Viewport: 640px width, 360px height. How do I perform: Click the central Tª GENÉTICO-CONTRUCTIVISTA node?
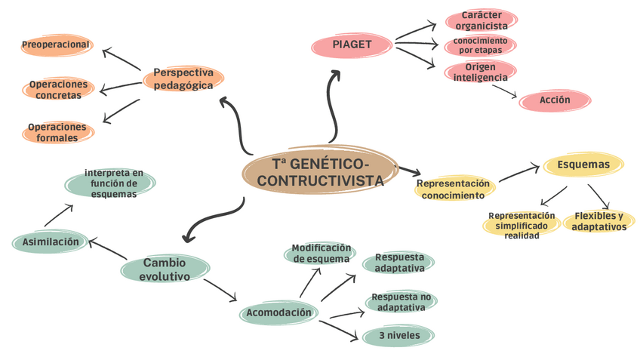[320, 173]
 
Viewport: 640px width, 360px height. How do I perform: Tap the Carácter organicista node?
[481, 20]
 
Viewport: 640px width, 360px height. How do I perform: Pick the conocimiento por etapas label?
[480, 45]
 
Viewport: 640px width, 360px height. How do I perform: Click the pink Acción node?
[555, 100]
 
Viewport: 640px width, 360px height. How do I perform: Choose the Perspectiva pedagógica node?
[183, 78]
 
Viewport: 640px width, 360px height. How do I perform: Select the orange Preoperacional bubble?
[57, 45]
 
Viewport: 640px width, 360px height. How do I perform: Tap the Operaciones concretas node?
[58, 89]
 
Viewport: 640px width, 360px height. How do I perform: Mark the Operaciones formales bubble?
[57, 132]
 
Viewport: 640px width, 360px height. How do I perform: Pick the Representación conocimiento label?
[453, 189]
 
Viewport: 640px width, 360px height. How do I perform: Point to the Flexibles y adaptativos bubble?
[599, 220]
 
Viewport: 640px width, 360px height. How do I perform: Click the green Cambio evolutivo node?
[165, 269]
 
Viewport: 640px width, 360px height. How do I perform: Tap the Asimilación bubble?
[51, 242]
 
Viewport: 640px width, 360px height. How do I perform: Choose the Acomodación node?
[278, 312]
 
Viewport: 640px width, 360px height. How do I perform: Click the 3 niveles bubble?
[398, 335]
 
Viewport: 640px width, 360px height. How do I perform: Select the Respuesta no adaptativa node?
[401, 301]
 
